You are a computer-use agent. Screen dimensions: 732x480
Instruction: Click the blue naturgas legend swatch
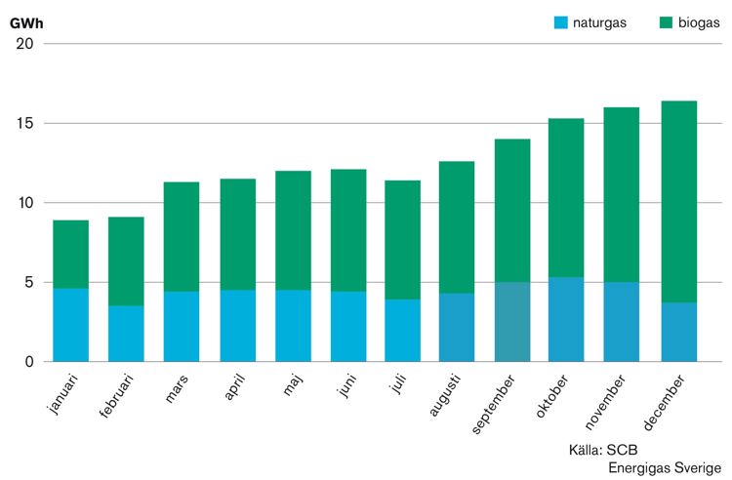pos(560,22)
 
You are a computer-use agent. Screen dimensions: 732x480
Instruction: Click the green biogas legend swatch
pos(667,22)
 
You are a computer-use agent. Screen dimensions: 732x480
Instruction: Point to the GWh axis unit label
pos(26,23)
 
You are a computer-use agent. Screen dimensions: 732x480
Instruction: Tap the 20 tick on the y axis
pos(25,44)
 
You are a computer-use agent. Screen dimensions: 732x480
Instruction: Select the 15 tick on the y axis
pos(25,123)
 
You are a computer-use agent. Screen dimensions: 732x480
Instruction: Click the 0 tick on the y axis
pos(29,362)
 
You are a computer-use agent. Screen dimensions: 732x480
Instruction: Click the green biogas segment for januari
pos(71,255)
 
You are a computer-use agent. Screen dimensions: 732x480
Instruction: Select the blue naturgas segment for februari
pos(126,334)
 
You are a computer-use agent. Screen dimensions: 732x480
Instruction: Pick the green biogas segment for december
pos(679,202)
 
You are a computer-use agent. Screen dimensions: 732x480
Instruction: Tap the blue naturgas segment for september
pos(512,322)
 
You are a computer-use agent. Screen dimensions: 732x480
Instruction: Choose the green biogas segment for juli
pos(402,240)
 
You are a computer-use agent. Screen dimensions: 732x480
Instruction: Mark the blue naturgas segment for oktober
pos(566,320)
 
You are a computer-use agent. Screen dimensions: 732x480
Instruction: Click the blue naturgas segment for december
pos(679,332)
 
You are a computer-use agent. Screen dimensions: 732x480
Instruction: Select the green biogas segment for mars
pos(182,237)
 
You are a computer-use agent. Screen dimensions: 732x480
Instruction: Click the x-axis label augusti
pos(445,395)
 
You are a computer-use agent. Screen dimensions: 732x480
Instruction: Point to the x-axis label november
pos(605,401)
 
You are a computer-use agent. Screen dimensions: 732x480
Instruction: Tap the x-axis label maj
pos(293,384)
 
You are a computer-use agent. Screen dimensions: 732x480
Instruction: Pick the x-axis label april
pos(234,386)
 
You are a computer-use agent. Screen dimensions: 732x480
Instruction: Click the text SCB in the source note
pos(622,450)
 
